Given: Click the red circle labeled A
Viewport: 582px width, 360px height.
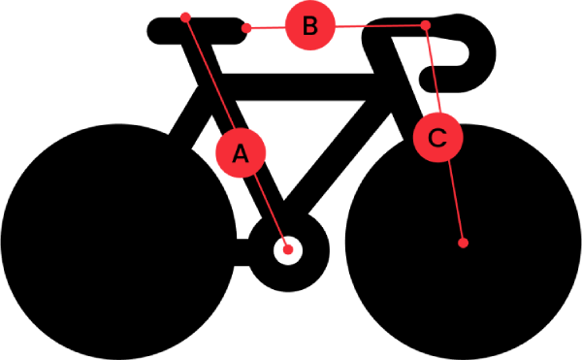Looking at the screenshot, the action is pyautogui.click(x=241, y=153).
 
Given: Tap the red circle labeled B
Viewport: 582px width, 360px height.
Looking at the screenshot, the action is pyautogui.click(x=310, y=25).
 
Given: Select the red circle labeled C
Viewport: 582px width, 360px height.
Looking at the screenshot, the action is pyautogui.click(x=438, y=138).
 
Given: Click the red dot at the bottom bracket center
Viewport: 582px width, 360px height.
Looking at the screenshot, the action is pyautogui.click(x=288, y=250).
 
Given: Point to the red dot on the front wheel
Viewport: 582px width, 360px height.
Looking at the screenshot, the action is pyautogui.click(x=463, y=244).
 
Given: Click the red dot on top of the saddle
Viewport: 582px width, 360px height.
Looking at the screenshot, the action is pyautogui.click(x=185, y=17).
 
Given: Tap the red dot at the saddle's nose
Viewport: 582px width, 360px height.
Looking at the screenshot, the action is pyautogui.click(x=246, y=28).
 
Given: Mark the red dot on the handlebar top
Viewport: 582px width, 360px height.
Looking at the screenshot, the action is pyautogui.click(x=426, y=25).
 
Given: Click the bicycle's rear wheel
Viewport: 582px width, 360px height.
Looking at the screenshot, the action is pyautogui.click(x=118, y=242).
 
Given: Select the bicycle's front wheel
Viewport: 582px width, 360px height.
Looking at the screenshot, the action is pyautogui.click(x=464, y=242).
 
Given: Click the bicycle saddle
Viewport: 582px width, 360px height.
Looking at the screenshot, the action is pyautogui.click(x=197, y=31).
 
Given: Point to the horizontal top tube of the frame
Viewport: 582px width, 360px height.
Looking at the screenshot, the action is pyautogui.click(x=297, y=86).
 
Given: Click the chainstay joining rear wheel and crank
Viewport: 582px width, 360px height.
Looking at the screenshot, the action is pyautogui.click(x=242, y=252).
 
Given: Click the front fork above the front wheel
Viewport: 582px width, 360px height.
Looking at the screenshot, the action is pyautogui.click(x=407, y=93).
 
